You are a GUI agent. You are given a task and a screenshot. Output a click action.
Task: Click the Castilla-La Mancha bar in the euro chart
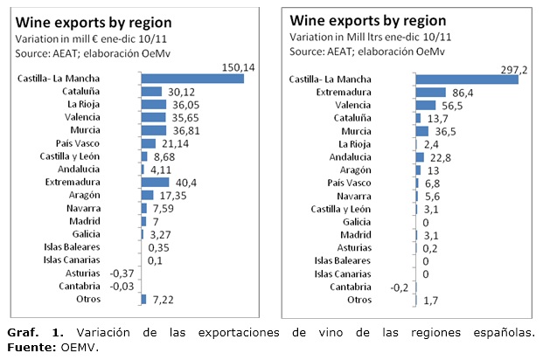click(191, 79)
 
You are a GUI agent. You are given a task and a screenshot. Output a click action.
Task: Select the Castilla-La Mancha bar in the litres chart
click(467, 80)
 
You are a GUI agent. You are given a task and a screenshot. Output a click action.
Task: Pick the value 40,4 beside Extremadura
click(187, 183)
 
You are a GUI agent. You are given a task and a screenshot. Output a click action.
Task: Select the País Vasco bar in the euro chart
click(148, 143)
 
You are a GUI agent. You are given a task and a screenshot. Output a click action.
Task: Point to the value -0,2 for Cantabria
click(398, 287)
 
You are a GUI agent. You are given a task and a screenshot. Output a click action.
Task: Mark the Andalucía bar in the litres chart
click(420, 156)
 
